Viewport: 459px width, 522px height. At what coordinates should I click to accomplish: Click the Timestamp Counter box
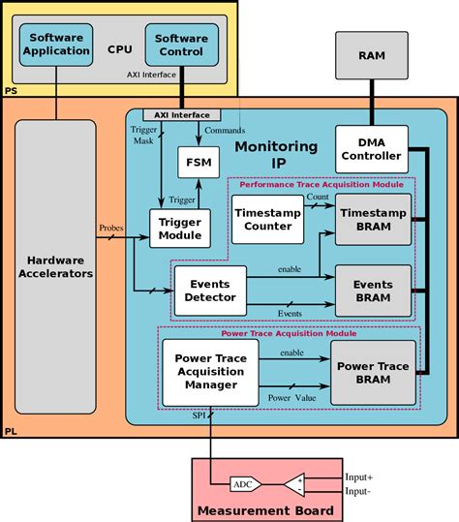tap(266, 219)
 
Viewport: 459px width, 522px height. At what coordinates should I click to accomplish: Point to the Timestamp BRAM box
tap(372, 219)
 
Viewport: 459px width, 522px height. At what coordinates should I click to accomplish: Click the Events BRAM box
tap(372, 290)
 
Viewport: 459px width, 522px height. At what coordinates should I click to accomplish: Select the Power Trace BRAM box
tap(372, 372)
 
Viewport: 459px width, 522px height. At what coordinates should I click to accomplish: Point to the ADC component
tap(243, 484)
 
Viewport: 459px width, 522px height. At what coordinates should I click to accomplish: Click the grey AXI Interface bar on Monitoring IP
tap(181, 114)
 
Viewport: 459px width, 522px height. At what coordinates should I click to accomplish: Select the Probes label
tap(111, 229)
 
